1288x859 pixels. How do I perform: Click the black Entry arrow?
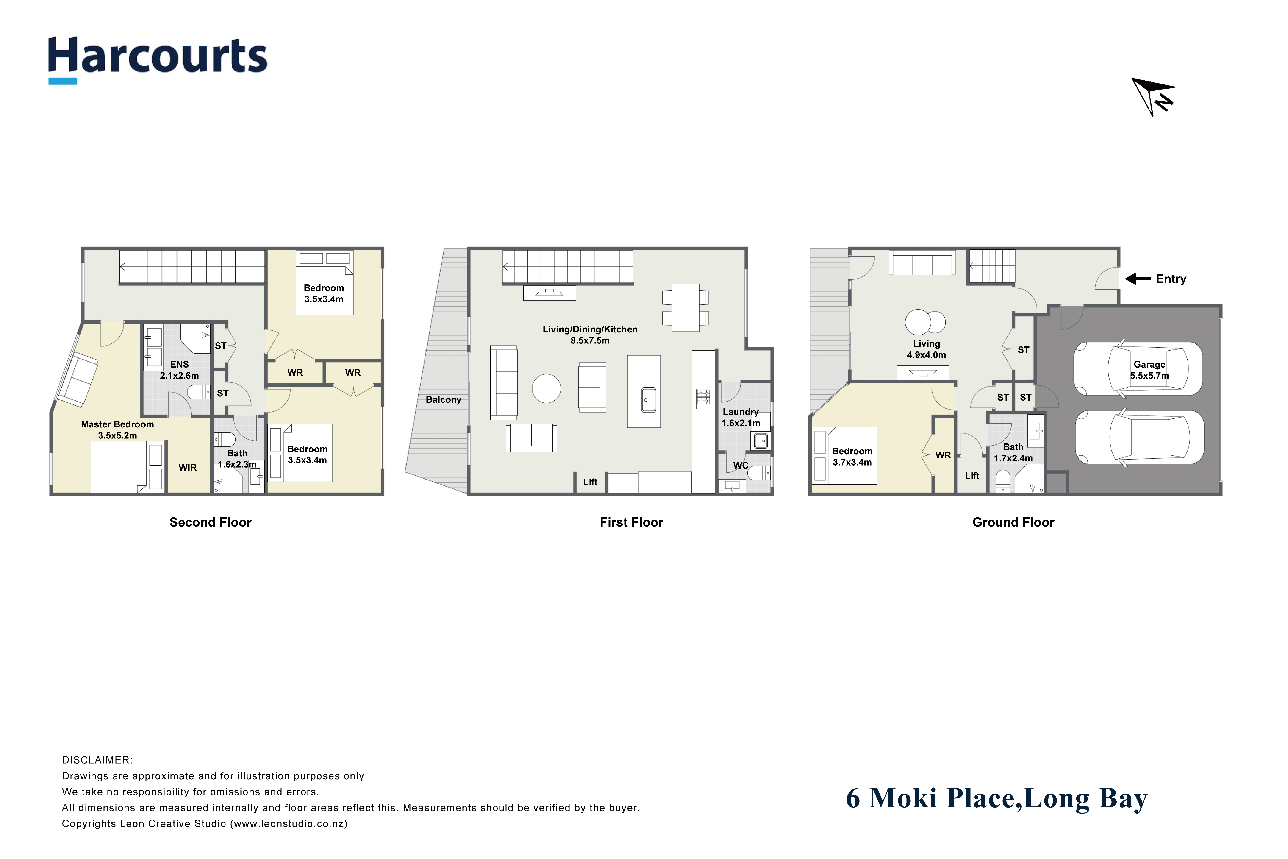[1138, 279]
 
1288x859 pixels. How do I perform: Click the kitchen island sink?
[648, 399]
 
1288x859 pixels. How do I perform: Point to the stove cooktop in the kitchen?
[703, 398]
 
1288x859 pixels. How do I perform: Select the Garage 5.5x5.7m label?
[1149, 370]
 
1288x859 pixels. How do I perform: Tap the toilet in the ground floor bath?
[1002, 482]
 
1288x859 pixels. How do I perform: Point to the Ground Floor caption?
[1013, 522]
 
